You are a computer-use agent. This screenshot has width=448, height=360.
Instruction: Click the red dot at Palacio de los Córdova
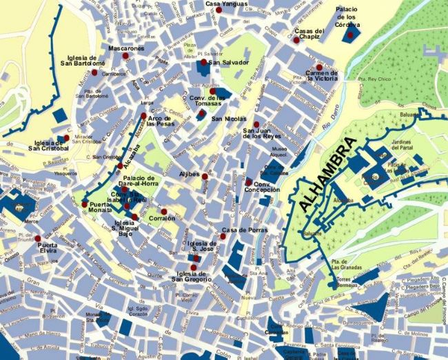[350, 35]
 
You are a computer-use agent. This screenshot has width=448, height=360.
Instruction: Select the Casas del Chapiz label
[309, 34]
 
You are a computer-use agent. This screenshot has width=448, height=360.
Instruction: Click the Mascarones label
[127, 49]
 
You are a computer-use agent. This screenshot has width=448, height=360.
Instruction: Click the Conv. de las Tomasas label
[207, 101]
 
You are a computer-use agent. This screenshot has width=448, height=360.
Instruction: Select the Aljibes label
[189, 174]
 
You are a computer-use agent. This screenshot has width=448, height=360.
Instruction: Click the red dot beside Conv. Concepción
[248, 181]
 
